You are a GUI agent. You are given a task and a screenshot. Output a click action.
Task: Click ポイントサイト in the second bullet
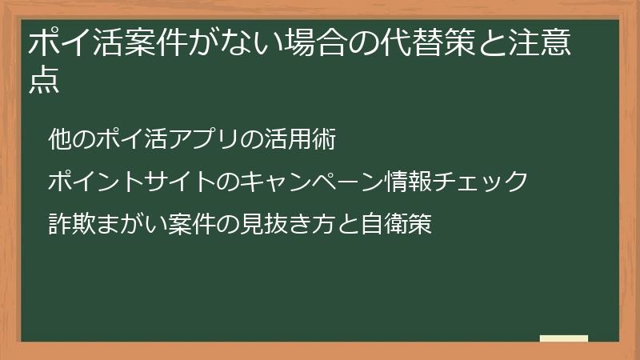tap(131, 182)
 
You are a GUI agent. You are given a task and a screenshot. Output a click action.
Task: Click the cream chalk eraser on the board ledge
tap(564, 338)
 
